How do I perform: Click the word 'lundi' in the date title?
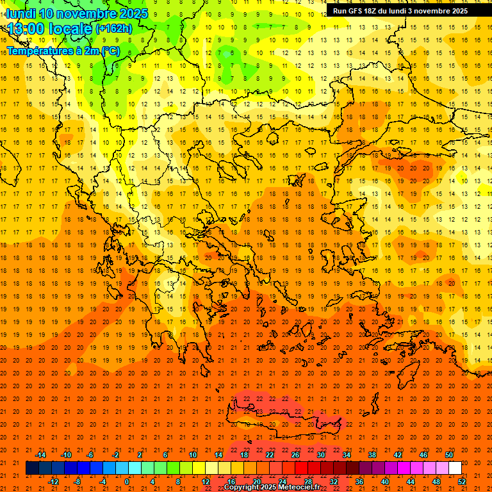pos(20,13)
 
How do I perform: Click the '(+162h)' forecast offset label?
pos(113,29)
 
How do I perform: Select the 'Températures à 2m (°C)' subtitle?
pos(63,51)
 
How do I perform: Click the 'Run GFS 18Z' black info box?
pos(400,11)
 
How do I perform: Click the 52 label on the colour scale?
pos(462,481)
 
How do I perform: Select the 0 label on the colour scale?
pos(127,481)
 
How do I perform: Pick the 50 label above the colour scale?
pos(449,455)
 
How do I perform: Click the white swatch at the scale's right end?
pos(455,468)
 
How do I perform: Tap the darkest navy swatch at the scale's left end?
pos(32,468)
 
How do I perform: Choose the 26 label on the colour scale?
pos(295,455)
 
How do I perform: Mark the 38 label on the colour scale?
pos(372,455)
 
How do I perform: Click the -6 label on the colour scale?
pos(90,455)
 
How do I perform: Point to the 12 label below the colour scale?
pos(206,481)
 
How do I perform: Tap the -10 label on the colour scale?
pos(66,455)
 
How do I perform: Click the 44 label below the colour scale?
pos(411,481)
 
